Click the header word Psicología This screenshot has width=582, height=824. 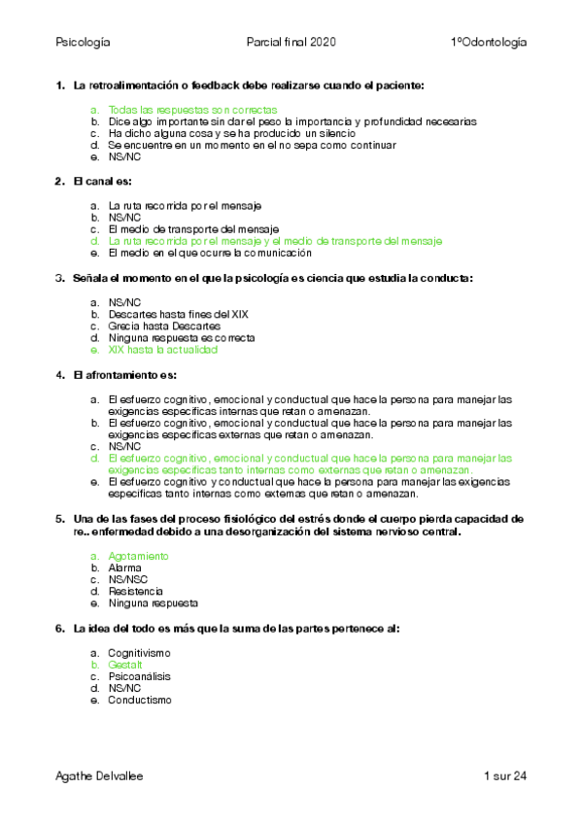(x=84, y=43)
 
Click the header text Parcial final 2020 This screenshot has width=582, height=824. (x=292, y=43)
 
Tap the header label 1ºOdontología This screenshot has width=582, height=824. (x=489, y=43)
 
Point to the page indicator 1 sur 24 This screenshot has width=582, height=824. (x=504, y=775)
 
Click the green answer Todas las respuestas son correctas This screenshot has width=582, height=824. (x=193, y=110)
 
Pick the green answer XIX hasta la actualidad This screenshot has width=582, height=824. (x=163, y=350)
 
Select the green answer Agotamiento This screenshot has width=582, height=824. (x=138, y=556)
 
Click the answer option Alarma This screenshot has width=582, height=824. (x=124, y=567)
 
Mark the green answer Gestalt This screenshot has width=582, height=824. (x=125, y=665)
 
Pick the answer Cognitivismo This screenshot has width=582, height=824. (x=139, y=652)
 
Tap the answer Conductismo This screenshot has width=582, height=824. (x=139, y=700)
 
